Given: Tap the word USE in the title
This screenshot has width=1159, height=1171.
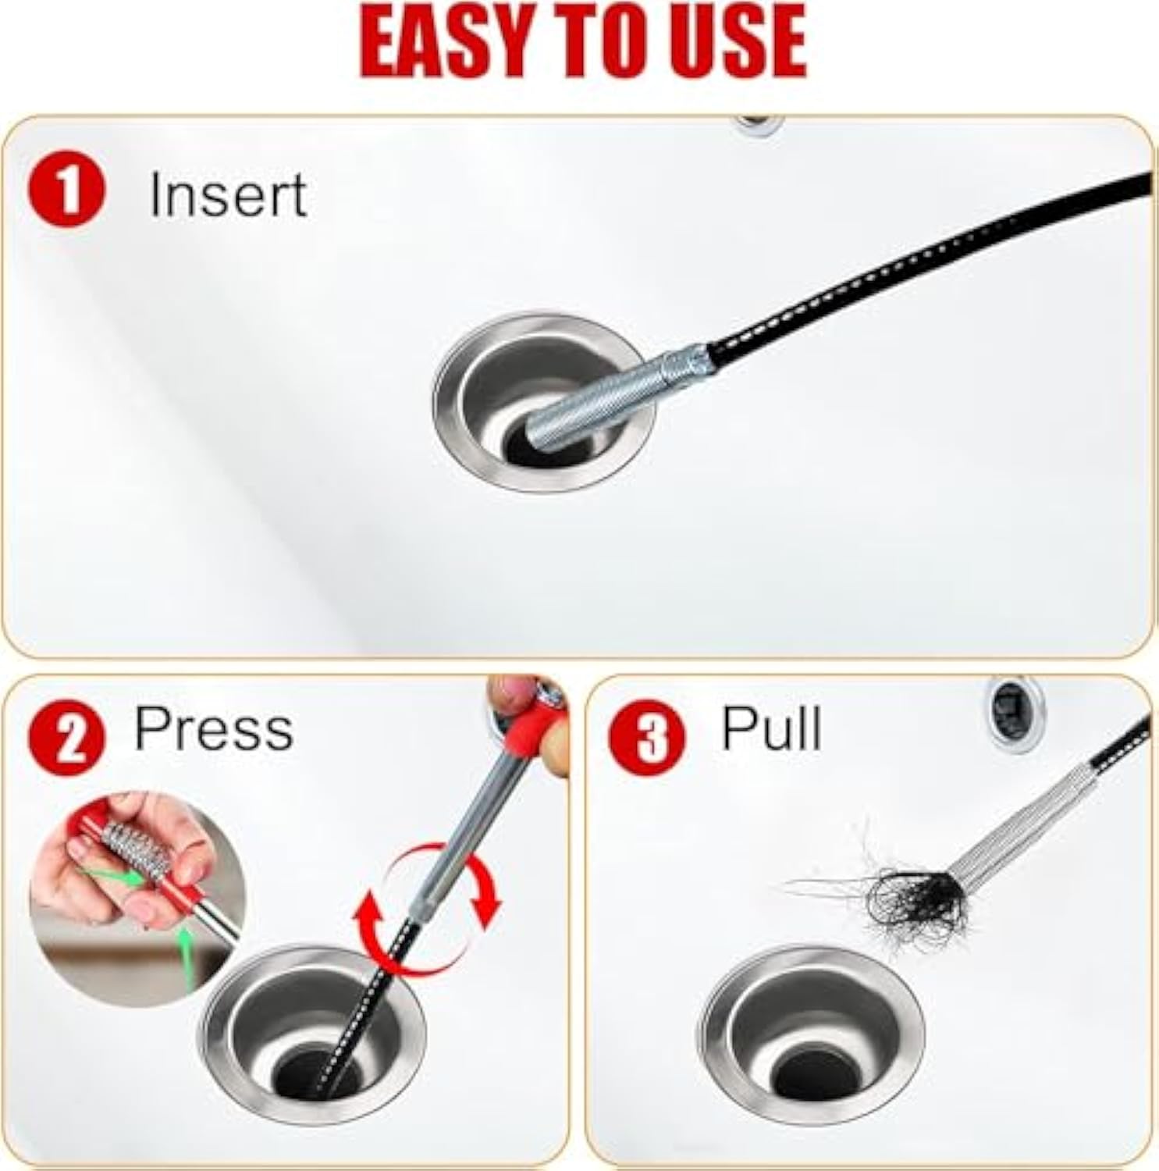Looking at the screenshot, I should coord(734,41).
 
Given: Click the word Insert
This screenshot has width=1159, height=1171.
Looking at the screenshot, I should coord(227,194).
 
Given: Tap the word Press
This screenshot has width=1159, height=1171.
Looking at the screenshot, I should coord(213,729).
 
